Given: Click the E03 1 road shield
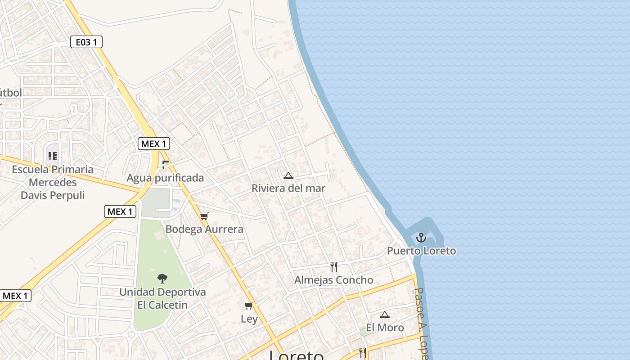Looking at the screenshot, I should (x=86, y=42).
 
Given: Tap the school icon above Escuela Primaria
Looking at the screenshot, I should (x=53, y=156).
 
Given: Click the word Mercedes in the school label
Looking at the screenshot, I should (x=53, y=183).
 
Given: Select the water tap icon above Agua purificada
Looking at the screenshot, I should (x=166, y=165).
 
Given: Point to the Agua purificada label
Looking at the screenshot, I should (x=165, y=178).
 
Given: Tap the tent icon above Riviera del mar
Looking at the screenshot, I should (x=288, y=176).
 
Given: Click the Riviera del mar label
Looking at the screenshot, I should (x=288, y=188).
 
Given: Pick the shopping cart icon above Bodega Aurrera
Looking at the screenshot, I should (x=204, y=216).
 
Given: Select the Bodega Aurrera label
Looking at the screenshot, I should (x=204, y=229).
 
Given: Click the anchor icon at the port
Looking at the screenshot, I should (x=421, y=238).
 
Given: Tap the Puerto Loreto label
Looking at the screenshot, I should (x=421, y=251).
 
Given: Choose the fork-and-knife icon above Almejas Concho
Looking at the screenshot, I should (x=334, y=267).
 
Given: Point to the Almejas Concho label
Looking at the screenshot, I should (x=333, y=280).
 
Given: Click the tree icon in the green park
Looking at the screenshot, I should (x=162, y=279).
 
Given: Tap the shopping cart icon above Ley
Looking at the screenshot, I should (x=248, y=306).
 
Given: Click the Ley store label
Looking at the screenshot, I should (x=249, y=319).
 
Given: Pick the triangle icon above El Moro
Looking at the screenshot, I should (x=384, y=315).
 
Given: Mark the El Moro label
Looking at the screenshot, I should (x=385, y=328).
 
